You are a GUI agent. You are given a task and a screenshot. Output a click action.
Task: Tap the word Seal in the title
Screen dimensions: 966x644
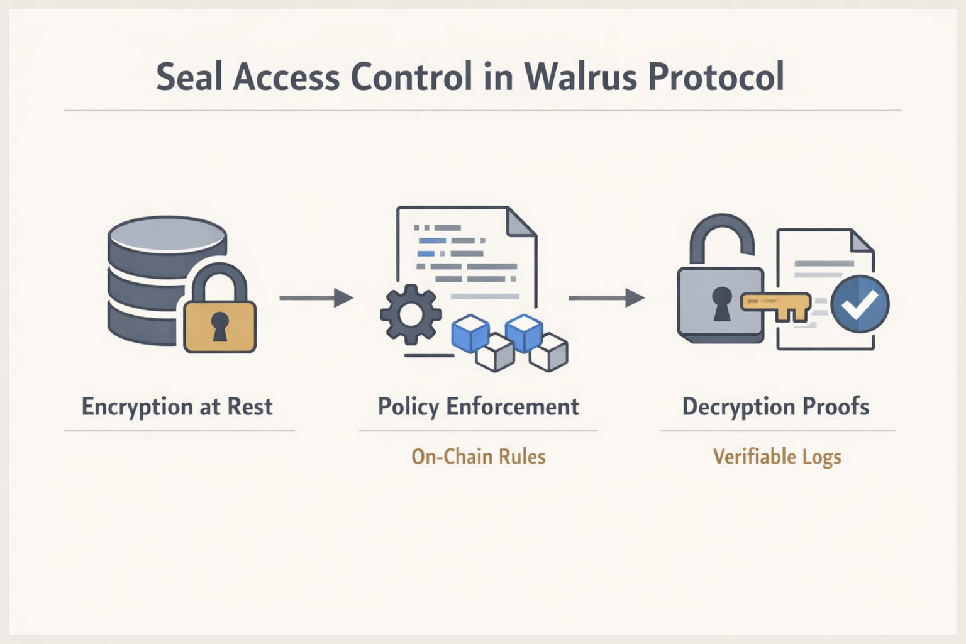coord(189,77)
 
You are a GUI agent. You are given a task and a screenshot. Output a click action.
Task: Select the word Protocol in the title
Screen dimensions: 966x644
coord(716,77)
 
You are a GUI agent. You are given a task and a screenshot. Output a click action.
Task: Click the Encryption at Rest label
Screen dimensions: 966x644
coord(177,406)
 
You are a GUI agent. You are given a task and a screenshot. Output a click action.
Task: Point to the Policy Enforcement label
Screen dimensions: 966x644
coord(478,406)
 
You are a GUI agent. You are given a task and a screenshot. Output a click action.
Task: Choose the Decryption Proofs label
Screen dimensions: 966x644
coord(775,406)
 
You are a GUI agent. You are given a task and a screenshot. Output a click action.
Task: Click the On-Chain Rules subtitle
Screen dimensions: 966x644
coord(478,456)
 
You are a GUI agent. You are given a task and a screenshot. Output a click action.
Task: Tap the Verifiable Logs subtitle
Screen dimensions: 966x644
coord(777,457)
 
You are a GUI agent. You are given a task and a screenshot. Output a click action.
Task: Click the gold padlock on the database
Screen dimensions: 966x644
coord(219,318)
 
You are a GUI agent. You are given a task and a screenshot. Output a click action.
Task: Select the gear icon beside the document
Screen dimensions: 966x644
coord(410,314)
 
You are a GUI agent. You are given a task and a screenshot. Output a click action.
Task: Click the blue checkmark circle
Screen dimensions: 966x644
coord(859,304)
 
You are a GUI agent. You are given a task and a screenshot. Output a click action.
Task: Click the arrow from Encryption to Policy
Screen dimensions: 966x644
coord(316,297)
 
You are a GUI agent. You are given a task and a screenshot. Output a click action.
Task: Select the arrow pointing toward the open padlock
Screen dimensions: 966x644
coord(606,297)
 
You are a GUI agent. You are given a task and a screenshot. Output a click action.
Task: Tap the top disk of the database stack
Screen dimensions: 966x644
coord(167,234)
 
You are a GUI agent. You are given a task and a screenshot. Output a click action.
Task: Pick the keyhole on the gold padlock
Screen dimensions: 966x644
coord(219,325)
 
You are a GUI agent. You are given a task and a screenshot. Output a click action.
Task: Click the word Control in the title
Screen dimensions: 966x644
coord(411,77)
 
